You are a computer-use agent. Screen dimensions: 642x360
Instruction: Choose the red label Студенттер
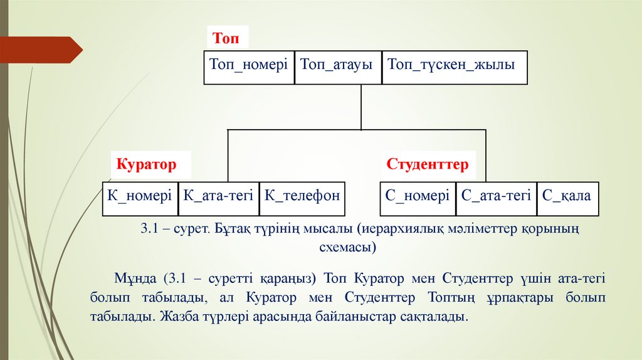428,165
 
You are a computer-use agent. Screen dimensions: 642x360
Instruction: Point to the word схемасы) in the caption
347,248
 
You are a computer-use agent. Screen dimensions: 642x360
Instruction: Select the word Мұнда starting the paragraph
137,278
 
